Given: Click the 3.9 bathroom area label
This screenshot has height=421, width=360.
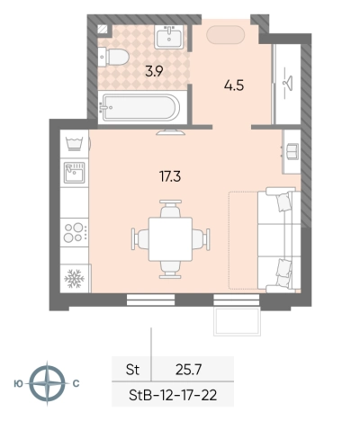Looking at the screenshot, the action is coord(154,72).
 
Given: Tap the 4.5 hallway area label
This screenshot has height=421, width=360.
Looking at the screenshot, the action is coord(234,85).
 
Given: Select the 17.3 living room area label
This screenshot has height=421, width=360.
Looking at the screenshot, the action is coord(170,176).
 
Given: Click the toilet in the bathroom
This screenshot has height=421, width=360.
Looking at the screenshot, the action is coord(113,57).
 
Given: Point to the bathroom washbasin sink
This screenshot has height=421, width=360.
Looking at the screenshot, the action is coord(169,37).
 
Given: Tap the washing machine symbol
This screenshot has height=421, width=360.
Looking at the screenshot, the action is coord(75,144).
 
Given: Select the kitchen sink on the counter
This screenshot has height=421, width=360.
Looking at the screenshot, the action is coord(75,172).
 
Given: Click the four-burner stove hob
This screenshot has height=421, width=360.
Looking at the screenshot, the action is coord(75,232).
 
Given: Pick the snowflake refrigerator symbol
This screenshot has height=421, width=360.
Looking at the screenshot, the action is coord(75,279).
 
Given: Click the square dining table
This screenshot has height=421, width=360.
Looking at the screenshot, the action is coord(170,239).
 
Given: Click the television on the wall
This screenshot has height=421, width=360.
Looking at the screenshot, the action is coord(170,132).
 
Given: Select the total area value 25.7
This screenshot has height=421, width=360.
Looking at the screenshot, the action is coord(188,370).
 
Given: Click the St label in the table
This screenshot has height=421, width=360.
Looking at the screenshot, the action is coord(132,370).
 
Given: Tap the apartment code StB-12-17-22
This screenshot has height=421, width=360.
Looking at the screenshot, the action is coord(173,395).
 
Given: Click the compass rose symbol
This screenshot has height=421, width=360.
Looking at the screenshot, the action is coord(48,383).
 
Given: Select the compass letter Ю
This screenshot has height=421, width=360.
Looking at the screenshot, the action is coord(18,383).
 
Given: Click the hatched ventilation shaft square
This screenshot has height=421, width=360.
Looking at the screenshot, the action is coord(103,29).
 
